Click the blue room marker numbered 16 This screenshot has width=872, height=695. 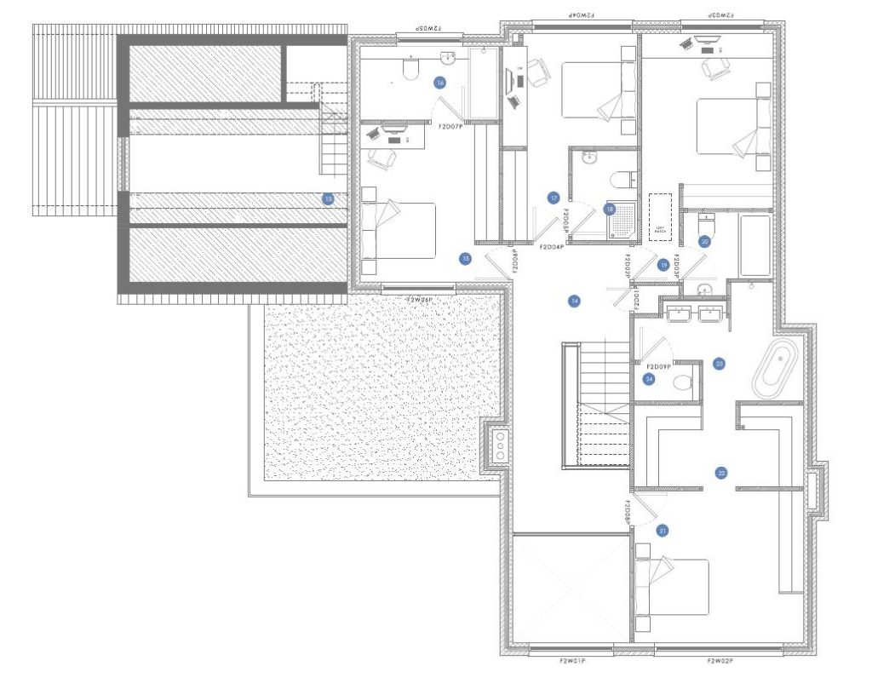[439, 83]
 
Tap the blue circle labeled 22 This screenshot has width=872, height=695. [721, 473]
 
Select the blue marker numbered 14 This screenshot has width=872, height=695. [575, 301]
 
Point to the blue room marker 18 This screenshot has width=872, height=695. [610, 208]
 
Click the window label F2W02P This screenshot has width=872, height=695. [721, 660]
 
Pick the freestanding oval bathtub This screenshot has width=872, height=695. [776, 369]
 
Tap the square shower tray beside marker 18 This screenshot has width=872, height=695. [622, 221]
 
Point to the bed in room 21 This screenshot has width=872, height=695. [674, 587]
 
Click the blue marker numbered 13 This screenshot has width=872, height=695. [328, 198]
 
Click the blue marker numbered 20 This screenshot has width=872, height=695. [704, 241]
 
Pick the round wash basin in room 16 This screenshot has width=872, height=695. [448, 58]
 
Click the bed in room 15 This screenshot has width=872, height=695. [399, 230]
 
